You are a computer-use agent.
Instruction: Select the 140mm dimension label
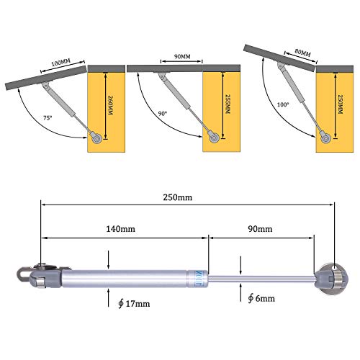click(122, 229)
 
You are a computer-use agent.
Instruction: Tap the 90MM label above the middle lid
click(182, 55)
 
